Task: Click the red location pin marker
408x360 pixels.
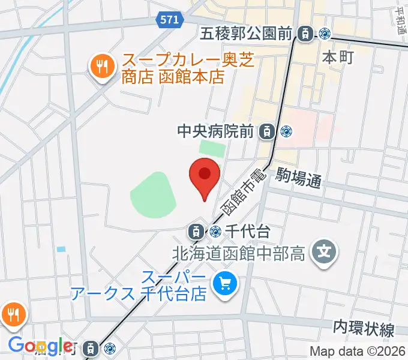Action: click(x=204, y=176)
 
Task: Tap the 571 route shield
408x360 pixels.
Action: click(x=170, y=20)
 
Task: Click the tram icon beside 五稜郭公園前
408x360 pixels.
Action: click(x=306, y=34)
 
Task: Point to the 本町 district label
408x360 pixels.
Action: click(x=339, y=58)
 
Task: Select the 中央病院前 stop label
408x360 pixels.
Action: click(x=220, y=130)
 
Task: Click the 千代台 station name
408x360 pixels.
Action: click(x=246, y=230)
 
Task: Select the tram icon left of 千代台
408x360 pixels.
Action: click(x=196, y=230)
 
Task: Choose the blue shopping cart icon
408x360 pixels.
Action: click(x=226, y=282)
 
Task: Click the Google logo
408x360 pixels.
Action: click(x=40, y=346)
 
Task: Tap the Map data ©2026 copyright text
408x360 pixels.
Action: click(x=358, y=352)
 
